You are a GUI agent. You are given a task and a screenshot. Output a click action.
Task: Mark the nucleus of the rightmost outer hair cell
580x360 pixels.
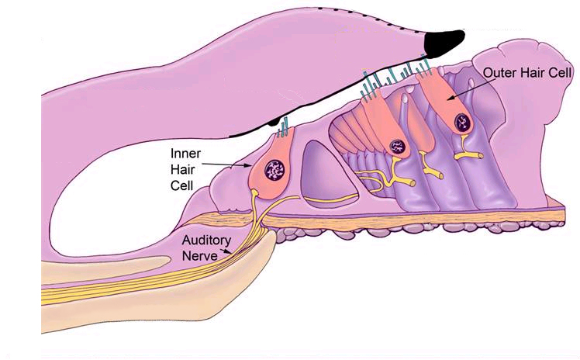(x=464, y=120)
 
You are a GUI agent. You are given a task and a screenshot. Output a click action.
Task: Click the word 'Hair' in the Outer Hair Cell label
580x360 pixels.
(x=535, y=72)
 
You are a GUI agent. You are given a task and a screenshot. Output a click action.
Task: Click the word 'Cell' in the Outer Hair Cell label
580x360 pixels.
(x=561, y=72)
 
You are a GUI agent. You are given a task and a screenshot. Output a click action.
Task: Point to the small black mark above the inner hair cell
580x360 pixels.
(x=273, y=120)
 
